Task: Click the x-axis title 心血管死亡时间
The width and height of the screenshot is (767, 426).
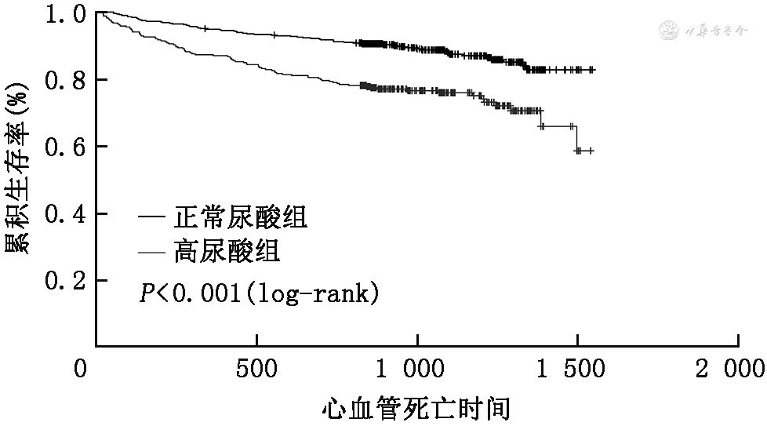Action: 416,408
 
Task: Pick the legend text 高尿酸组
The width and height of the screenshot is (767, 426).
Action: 224,253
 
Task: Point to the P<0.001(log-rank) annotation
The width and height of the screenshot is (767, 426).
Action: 260,294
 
